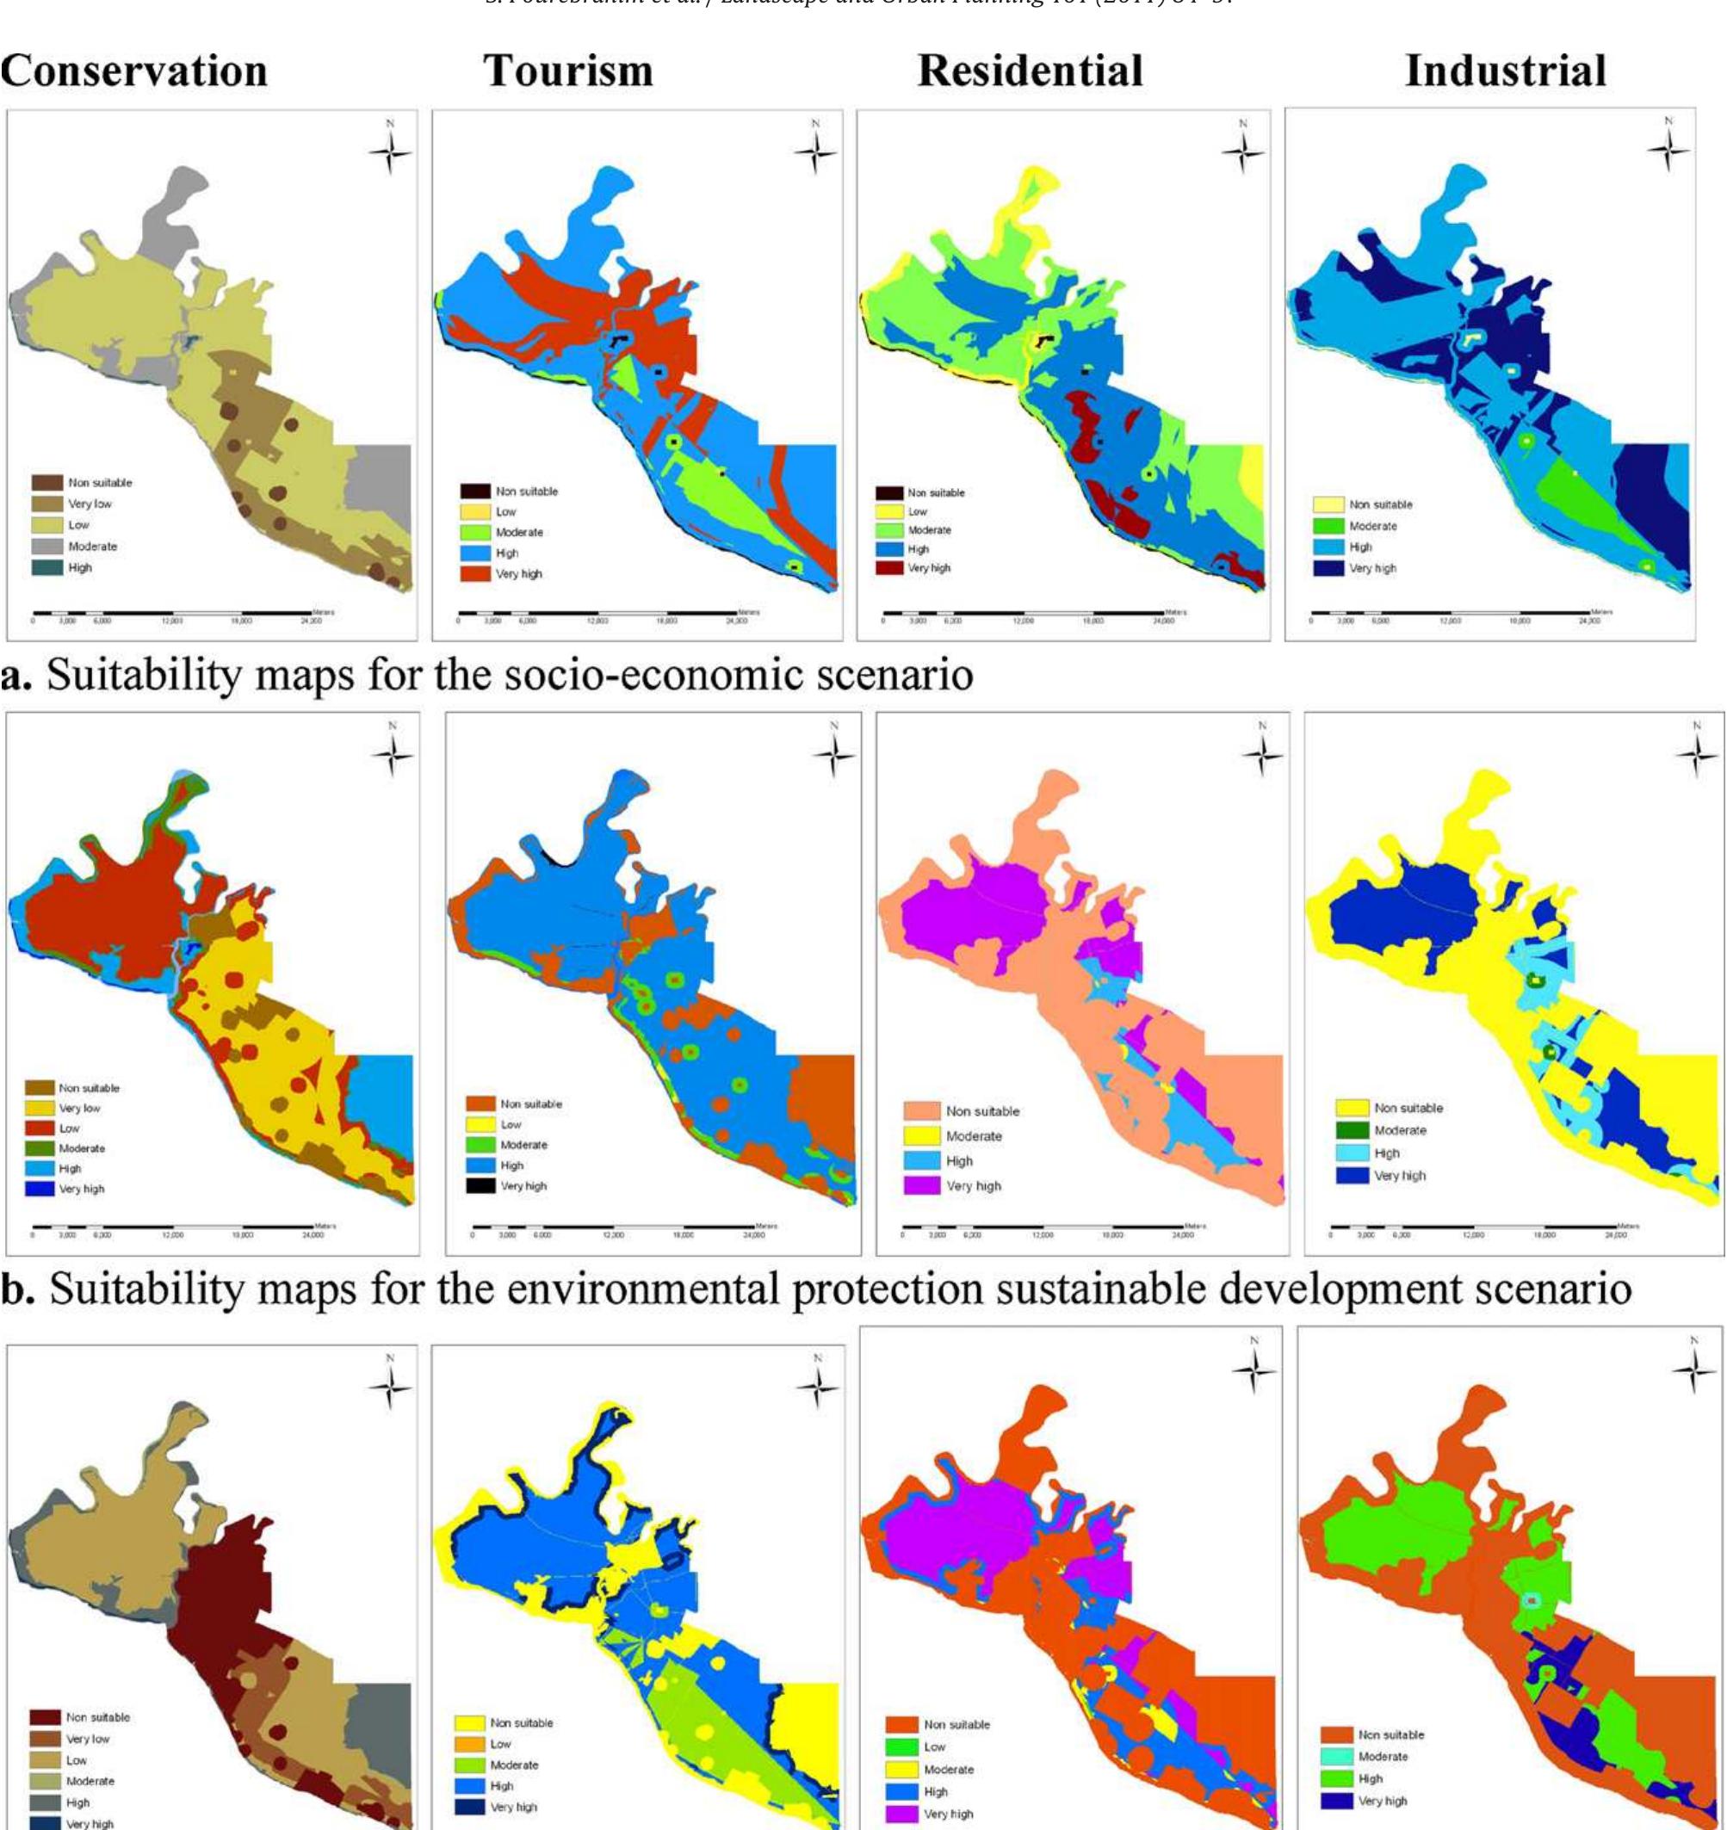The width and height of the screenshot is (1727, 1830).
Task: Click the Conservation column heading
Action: pos(134,71)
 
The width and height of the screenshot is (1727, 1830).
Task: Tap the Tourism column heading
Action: pos(568,71)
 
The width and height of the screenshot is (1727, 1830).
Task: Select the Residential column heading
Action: pos(1031,71)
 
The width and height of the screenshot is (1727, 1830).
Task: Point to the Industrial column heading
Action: pos(1505,71)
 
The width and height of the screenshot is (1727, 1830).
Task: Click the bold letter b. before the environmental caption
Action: pos(17,1289)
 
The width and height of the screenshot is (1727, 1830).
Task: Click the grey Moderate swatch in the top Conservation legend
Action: pos(47,547)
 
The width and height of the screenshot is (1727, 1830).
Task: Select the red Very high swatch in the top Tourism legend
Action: pos(475,573)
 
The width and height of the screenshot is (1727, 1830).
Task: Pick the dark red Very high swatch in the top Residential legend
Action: pos(888,568)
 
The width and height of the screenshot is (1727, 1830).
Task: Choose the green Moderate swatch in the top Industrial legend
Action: pos(1328,527)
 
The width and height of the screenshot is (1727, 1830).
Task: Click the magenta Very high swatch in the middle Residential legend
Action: pos(921,1185)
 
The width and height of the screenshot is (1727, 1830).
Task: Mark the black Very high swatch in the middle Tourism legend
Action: pos(480,1185)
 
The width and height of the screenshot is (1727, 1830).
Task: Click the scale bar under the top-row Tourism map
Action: pos(598,613)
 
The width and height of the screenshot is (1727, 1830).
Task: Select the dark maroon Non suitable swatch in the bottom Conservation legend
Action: pos(45,1716)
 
